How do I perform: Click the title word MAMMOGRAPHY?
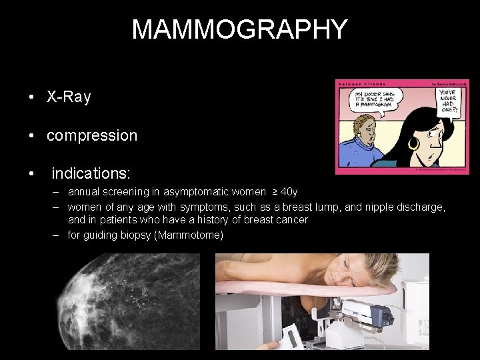click(239, 29)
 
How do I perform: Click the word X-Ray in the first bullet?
click(69, 97)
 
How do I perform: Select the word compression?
click(92, 136)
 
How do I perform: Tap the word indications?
click(91, 174)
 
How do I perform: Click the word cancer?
click(293, 220)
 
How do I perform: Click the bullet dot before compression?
click(32, 136)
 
